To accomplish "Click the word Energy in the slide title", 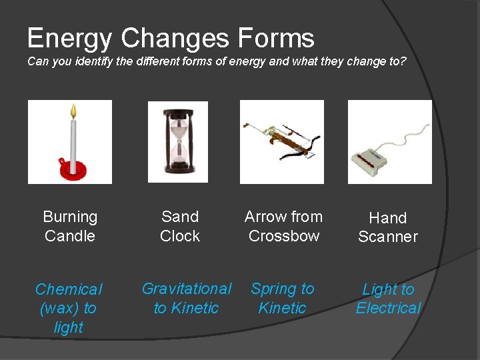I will pos(69,39).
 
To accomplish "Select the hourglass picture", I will pos(177,141).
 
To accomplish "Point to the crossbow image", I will pos(281,141).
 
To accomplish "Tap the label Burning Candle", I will pos(70,226).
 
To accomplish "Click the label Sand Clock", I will pos(180,226).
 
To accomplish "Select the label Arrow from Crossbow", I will pos(283,226).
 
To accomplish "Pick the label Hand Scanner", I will pos(387,227).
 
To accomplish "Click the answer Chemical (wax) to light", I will pos(69,308).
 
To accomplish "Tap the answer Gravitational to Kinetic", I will pos(186,298).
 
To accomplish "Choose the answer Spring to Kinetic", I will pos(282,298).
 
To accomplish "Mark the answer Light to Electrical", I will pos(388,299).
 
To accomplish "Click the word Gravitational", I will pos(187,289).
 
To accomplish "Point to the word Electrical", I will pos(388,308).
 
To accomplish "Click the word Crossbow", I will pos(284,236).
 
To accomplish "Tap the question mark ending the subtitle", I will pos(402,61).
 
